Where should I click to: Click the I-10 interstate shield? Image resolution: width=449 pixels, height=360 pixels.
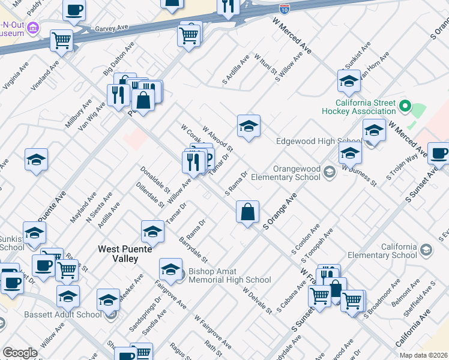tap(285, 8)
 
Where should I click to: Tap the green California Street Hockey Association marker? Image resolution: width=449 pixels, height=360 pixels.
tap(405, 107)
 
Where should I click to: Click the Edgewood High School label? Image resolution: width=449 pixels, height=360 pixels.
tap(313, 142)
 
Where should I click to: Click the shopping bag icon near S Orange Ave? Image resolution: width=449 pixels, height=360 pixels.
tap(248, 212)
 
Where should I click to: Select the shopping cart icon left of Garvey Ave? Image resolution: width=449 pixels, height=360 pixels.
tap(61, 40)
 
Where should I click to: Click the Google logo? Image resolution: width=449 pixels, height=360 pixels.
tap(20, 353)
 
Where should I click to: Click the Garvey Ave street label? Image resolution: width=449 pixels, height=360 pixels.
tap(112, 28)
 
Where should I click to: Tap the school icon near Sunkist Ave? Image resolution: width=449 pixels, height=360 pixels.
tap(349, 81)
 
